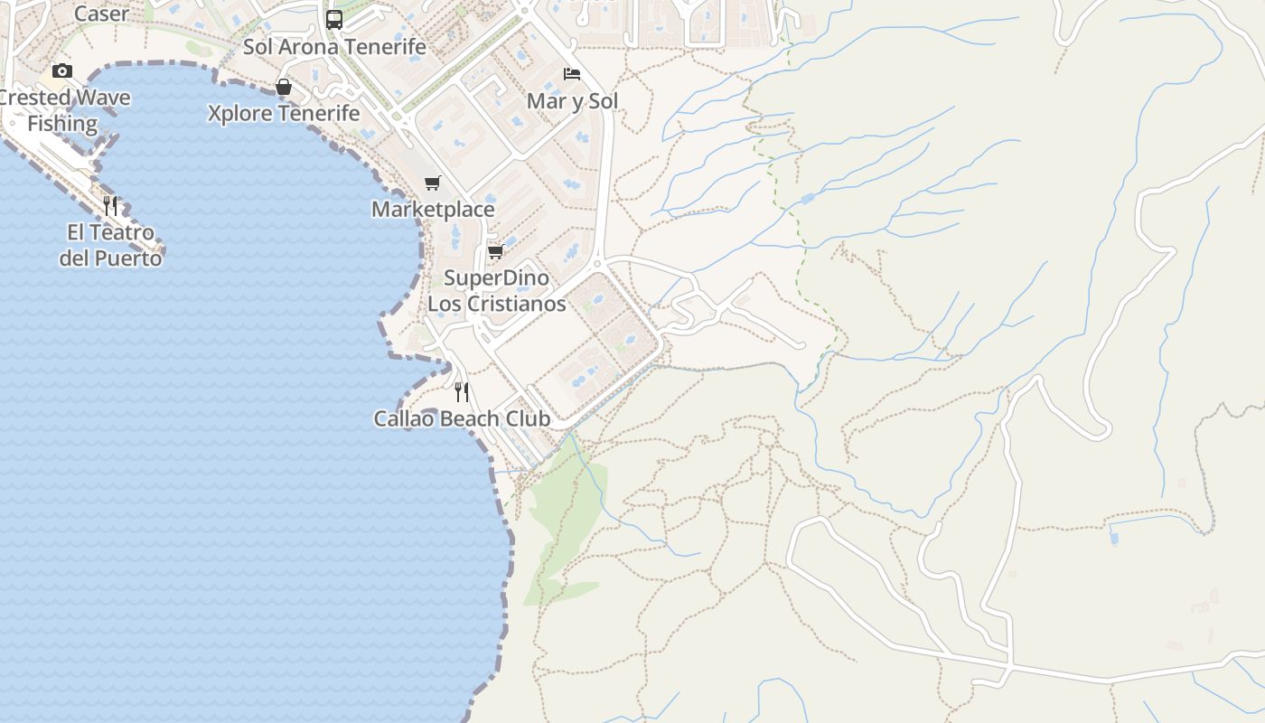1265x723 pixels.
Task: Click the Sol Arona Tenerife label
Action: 334,47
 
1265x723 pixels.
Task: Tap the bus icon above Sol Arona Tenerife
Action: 334,19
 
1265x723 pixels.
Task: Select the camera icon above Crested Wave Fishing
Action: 62,70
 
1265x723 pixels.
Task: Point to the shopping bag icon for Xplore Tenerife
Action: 284,87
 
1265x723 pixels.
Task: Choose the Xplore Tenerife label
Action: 284,114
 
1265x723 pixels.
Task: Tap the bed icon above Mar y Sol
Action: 572,73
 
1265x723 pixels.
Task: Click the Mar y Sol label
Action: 572,101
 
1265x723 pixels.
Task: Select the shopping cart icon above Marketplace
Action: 433,183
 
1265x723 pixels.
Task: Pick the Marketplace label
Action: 434,210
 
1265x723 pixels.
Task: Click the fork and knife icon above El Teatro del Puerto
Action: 110,205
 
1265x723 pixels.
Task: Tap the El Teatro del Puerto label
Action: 111,246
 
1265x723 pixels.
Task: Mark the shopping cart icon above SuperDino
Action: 495,251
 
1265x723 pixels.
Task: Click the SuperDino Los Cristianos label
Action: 496,291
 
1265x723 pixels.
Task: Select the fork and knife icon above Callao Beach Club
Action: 462,391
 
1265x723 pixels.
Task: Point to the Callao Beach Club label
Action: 462,419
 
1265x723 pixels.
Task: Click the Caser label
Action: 101,14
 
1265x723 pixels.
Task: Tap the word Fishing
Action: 62,124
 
